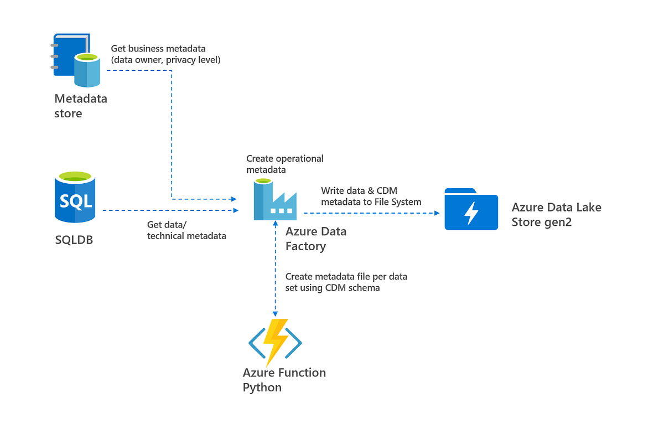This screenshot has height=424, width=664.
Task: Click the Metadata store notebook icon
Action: point(75,60)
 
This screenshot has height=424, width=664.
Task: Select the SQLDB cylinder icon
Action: point(75,197)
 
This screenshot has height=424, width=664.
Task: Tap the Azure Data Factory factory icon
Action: point(275,199)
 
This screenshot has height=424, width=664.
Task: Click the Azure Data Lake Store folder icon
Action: point(471,209)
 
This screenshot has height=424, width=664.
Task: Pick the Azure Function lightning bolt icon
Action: point(275,343)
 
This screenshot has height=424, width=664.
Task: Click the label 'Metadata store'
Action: point(81,106)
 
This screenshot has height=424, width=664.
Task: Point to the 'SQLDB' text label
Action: point(74,240)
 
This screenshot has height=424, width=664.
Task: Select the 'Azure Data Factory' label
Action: point(316,239)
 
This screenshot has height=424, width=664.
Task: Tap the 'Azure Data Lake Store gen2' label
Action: point(557,214)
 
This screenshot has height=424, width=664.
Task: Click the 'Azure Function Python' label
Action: point(284,380)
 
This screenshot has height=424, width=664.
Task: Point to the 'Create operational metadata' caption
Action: point(285,164)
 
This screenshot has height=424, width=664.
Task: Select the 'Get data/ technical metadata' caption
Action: point(186,230)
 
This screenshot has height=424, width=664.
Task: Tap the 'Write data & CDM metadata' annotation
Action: point(371,196)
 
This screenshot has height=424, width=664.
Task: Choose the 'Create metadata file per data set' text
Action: point(346,282)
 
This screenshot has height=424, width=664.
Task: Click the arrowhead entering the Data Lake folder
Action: point(437,213)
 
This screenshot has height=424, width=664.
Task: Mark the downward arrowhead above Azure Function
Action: point(275,314)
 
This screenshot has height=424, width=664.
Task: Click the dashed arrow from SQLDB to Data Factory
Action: point(171,210)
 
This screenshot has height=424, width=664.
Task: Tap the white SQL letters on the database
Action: point(76,201)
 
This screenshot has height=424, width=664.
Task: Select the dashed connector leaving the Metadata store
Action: point(172,135)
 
